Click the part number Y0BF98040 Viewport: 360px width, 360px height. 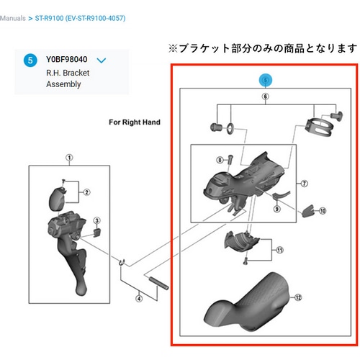click(x=66, y=59)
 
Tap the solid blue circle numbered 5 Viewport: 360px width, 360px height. click(x=30, y=60)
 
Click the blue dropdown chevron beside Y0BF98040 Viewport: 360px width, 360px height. click(x=102, y=60)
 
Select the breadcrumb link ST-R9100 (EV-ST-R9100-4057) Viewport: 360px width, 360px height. click(x=80, y=18)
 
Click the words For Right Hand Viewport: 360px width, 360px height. click(x=135, y=122)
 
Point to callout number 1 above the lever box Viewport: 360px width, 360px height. click(x=69, y=158)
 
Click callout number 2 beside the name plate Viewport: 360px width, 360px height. click(x=86, y=192)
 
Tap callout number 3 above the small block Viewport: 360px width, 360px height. click(x=97, y=220)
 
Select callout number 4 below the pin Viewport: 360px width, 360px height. click(x=139, y=299)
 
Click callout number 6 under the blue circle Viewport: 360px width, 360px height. click(x=265, y=96)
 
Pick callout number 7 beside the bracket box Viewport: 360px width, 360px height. click(x=305, y=184)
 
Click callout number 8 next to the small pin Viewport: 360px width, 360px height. click(x=220, y=160)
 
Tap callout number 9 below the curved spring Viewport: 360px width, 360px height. click(x=277, y=209)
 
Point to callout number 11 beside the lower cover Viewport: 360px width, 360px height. click(x=280, y=250)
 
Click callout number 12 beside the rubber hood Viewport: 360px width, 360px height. click(x=298, y=297)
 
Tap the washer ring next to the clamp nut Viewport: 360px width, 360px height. click(x=230, y=128)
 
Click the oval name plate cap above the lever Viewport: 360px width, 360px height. click(x=58, y=199)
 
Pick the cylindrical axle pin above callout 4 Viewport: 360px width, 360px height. click(x=159, y=283)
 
